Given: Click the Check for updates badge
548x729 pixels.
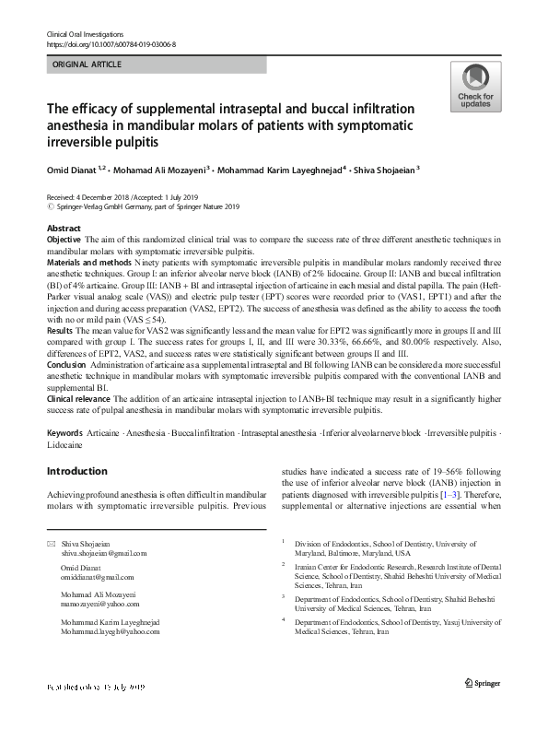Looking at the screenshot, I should point(475,88).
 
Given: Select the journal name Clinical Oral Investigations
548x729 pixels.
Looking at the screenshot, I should point(85,33).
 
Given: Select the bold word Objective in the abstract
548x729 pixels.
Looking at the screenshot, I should point(64,240).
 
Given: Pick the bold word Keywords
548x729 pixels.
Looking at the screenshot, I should point(65,431).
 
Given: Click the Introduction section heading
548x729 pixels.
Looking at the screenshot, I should point(76,471).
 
